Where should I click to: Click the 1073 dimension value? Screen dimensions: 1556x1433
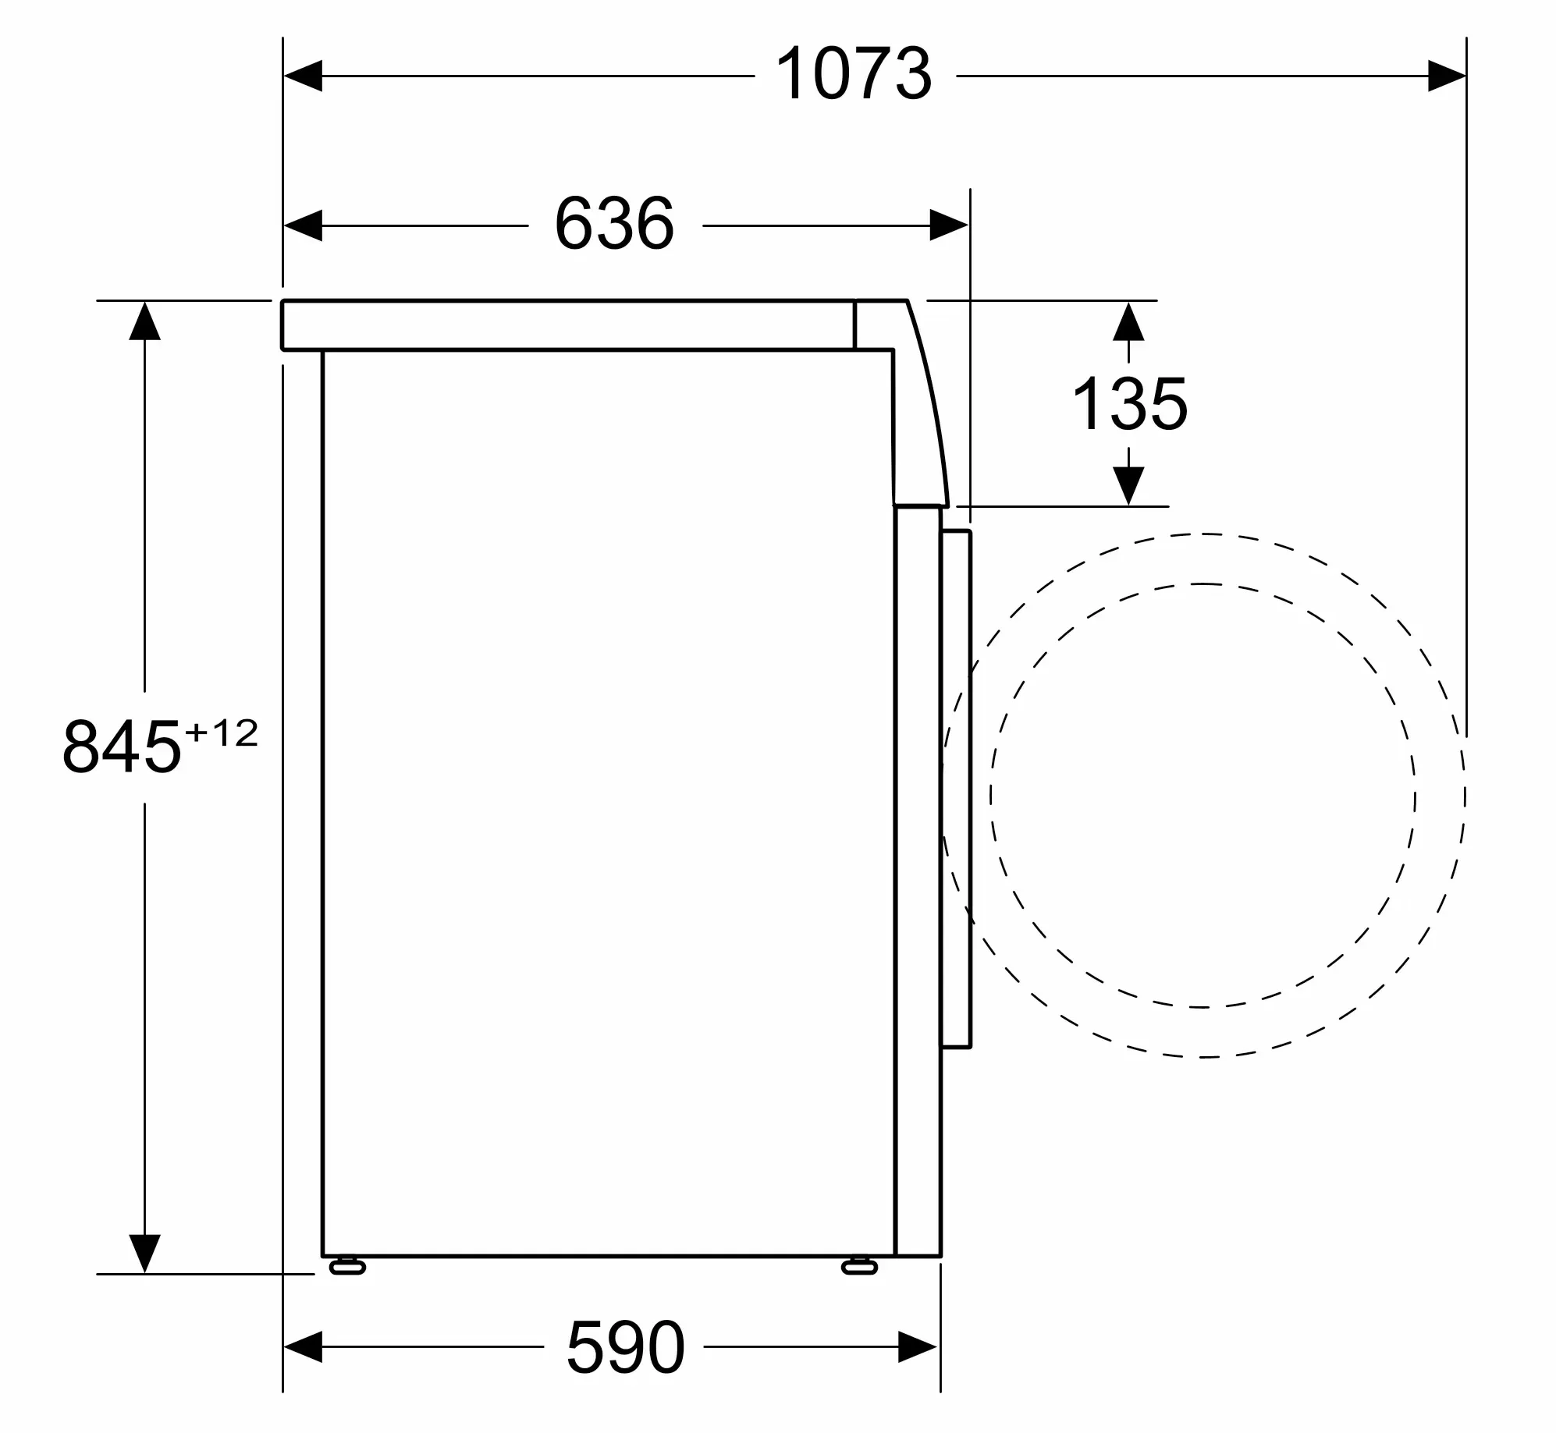[x=854, y=75]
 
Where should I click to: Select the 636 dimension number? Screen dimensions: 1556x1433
[x=614, y=224]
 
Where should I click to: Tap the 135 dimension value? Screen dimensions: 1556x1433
[x=1130, y=404]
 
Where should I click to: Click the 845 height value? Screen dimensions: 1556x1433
[x=122, y=747]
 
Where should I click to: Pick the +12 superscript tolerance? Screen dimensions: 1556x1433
[x=222, y=733]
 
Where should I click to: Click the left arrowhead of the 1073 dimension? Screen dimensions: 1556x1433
[x=303, y=76]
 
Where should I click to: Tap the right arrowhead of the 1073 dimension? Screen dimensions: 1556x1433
[x=1447, y=76]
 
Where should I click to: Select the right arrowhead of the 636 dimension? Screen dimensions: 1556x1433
[x=950, y=225]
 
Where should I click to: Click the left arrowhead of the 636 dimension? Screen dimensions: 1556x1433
[x=303, y=225]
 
